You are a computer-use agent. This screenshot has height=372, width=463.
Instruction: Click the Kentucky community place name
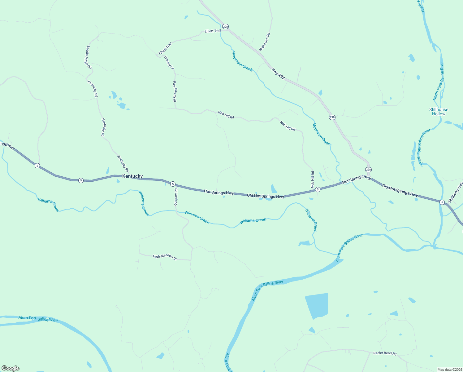(x=132, y=176)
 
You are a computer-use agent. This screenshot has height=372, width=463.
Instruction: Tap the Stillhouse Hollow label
(x=439, y=112)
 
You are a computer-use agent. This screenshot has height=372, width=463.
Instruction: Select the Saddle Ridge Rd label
(x=89, y=57)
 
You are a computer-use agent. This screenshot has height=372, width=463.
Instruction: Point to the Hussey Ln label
(x=169, y=63)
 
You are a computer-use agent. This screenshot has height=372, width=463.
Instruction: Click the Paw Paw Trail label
(x=175, y=91)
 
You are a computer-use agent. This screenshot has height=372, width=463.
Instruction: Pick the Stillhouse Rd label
(x=265, y=42)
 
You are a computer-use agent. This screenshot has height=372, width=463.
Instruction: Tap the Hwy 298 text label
(x=278, y=74)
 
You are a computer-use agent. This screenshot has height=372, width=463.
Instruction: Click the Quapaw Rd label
(x=175, y=197)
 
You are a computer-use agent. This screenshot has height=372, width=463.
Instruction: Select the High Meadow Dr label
(x=165, y=257)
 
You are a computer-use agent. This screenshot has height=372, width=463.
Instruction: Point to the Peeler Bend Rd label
(x=385, y=353)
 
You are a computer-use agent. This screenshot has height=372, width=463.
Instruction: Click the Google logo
(x=10, y=368)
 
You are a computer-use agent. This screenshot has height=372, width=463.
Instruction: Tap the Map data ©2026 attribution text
(x=449, y=370)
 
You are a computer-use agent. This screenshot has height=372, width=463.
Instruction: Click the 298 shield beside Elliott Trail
(x=225, y=27)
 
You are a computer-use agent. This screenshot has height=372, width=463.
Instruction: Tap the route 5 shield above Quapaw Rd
(x=173, y=184)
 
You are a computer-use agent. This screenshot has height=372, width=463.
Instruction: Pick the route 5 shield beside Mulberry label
(x=442, y=202)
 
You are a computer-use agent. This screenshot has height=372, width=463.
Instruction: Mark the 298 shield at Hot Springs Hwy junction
(x=368, y=170)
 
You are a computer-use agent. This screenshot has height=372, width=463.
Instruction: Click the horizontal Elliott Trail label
(x=213, y=31)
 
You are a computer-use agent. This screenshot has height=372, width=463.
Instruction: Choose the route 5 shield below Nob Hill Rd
(x=318, y=189)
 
